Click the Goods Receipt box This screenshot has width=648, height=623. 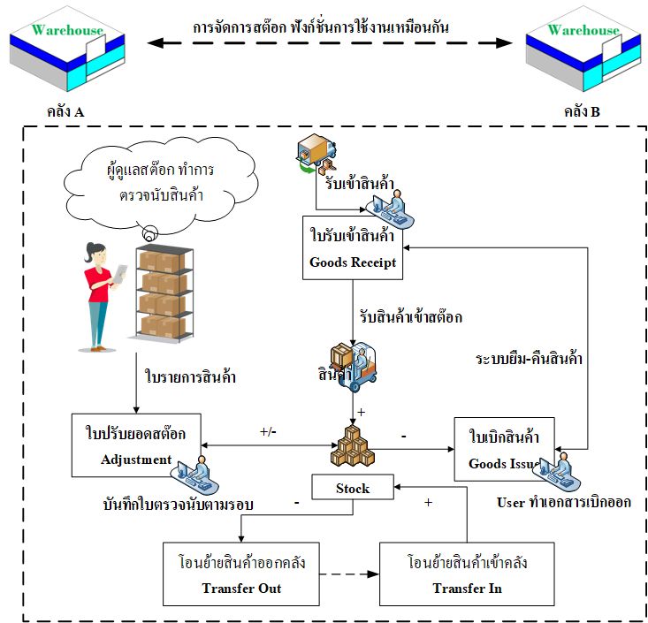tap(353, 248)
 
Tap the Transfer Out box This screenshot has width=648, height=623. tap(240, 574)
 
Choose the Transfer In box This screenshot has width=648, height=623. tap(457, 574)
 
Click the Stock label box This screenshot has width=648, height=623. tap(352, 488)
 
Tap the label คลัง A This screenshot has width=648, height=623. tap(65, 113)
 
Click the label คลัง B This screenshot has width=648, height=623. tap(582, 113)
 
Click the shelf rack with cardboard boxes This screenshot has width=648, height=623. tap(163, 292)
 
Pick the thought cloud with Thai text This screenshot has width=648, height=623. tap(149, 182)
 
